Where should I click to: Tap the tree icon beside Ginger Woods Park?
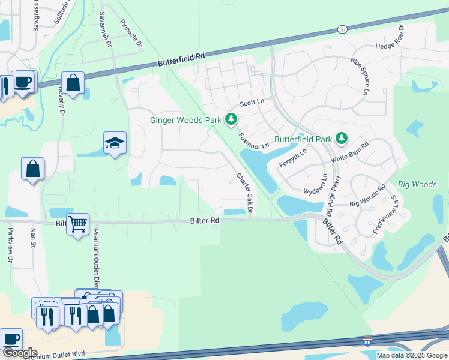tap(231, 120)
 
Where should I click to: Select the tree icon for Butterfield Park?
tap(342, 139)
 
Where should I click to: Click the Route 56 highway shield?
tap(342, 28)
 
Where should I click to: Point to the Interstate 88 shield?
tap(367, 342)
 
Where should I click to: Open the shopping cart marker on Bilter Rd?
tap(77, 224)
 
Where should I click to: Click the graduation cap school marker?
tap(115, 143)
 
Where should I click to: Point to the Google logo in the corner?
tap(19, 353)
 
